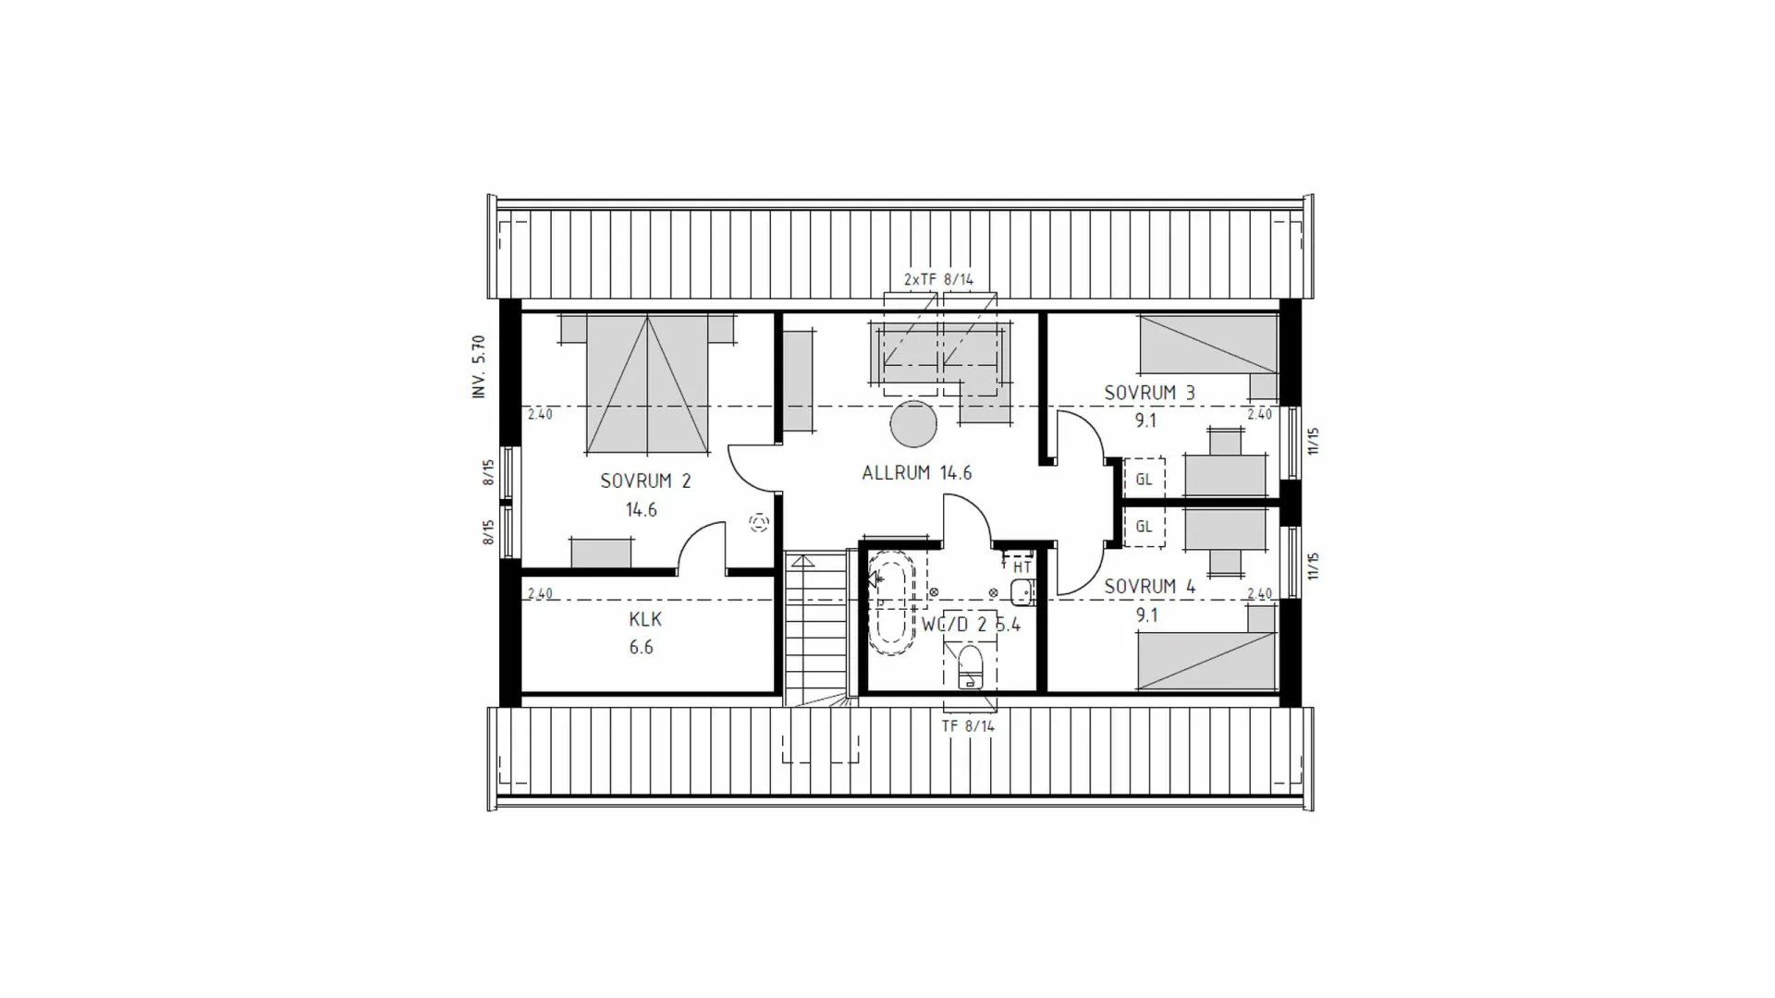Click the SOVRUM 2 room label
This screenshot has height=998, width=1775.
tap(645, 481)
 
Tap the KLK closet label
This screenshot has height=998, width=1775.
tap(645, 619)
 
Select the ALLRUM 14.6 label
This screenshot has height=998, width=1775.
tap(916, 473)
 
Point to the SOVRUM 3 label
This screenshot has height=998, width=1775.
tap(1149, 393)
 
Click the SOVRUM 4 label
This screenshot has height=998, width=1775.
tap(1149, 587)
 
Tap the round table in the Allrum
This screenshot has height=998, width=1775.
tap(913, 424)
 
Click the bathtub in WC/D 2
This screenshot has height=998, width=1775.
tap(891, 602)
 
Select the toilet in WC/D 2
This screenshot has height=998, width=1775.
tap(970, 666)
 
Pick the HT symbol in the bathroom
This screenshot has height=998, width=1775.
tap(1021, 566)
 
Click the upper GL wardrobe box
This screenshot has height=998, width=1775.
tap(1144, 480)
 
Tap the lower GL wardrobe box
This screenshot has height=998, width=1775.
tap(1144, 527)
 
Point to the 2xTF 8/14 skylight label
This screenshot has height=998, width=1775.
tap(938, 279)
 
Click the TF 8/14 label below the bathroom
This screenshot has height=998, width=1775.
tap(968, 726)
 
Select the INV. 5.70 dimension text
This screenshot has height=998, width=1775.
tap(479, 367)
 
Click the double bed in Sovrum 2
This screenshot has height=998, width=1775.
tap(647, 385)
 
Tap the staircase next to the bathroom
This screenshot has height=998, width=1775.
tap(815, 628)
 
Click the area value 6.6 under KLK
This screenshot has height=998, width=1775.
tap(641, 648)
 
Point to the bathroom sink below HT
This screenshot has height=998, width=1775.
tap(1021, 592)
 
